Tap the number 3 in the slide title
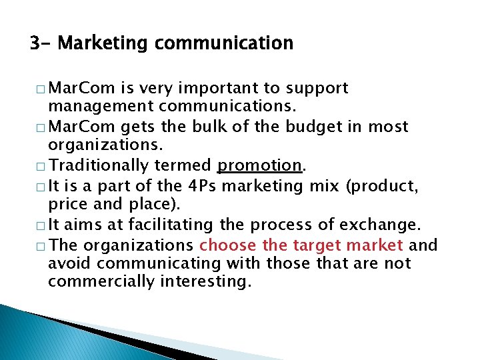click(35, 44)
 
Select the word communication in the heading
click(224, 44)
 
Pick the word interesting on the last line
click(205, 282)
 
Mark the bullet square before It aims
click(41, 225)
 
